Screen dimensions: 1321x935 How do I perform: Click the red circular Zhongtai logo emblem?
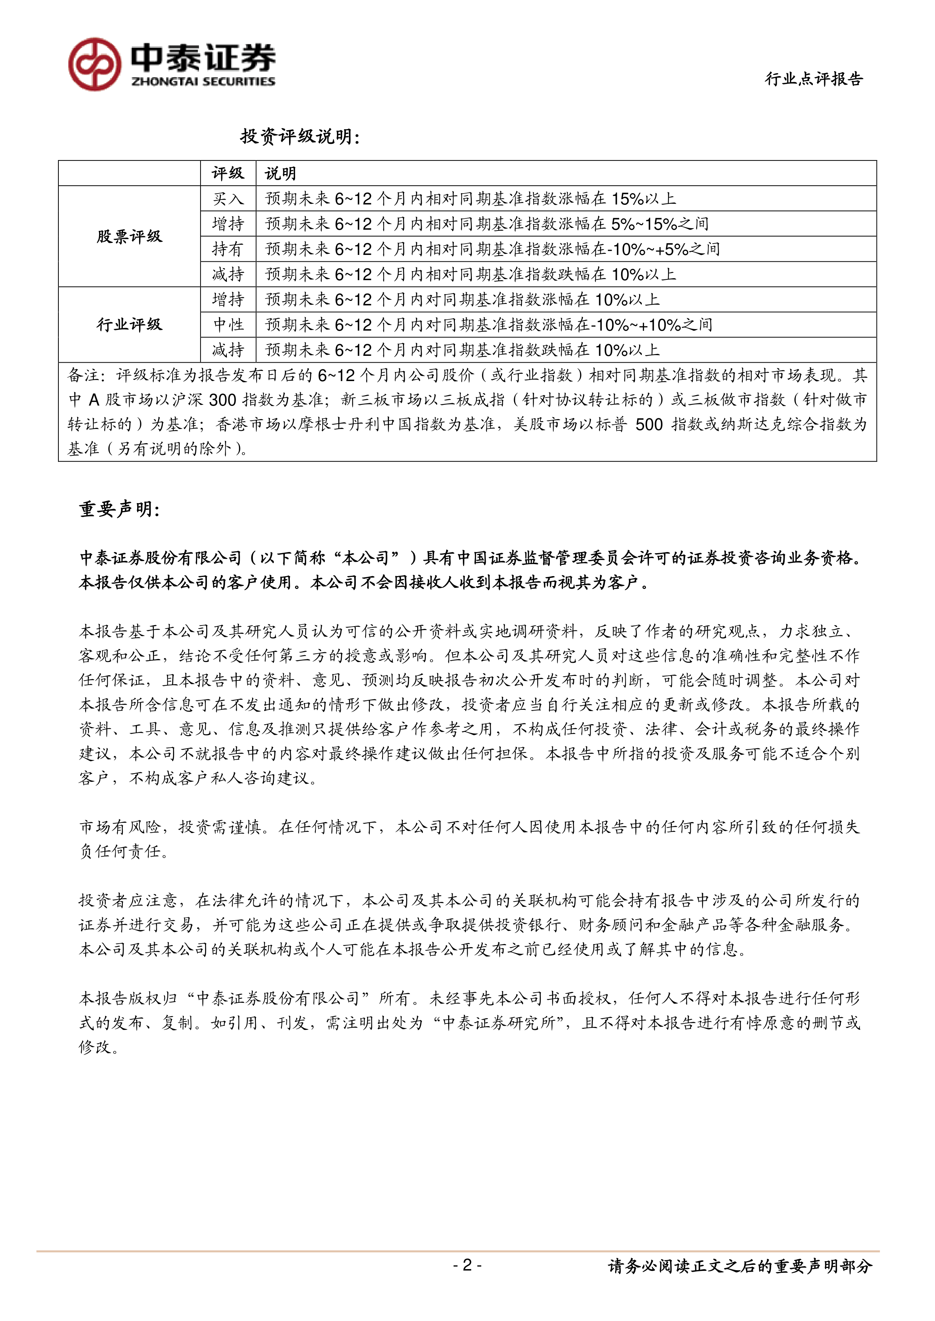click(95, 64)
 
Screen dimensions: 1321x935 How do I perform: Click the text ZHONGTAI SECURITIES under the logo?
click(203, 82)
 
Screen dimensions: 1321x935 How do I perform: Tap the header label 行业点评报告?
click(814, 79)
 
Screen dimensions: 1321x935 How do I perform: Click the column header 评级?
click(228, 173)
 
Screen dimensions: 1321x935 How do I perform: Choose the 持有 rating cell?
click(228, 249)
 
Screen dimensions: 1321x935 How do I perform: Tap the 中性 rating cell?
click(228, 325)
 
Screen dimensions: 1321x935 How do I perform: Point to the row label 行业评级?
click(129, 325)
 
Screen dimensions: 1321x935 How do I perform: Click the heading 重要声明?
click(119, 509)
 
